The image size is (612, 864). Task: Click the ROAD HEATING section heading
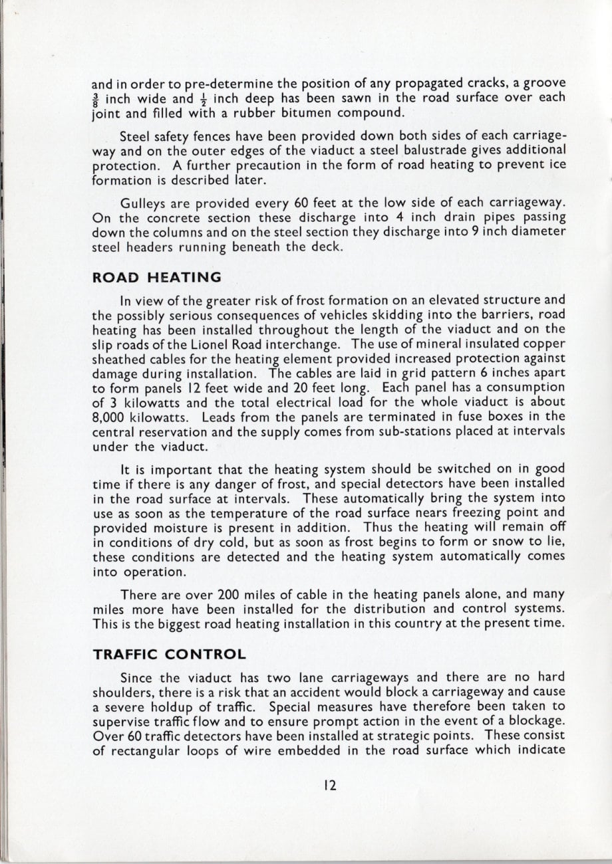coord(156,276)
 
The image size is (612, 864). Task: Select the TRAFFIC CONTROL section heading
coord(170,654)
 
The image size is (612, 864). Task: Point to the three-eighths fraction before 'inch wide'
coord(96,98)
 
